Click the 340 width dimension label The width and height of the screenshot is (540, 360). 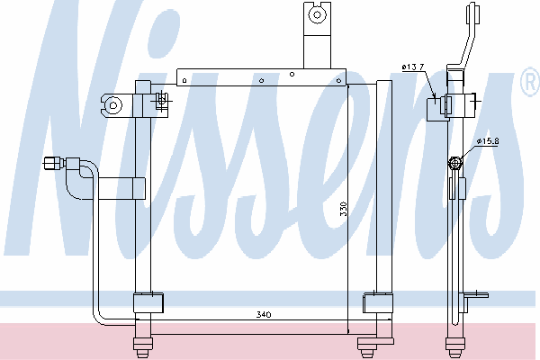pyautogui.click(x=264, y=314)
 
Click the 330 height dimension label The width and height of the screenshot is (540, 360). pyautogui.click(x=344, y=209)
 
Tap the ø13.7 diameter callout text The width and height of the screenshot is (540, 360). pyautogui.click(x=413, y=67)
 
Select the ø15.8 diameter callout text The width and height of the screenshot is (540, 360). pyautogui.click(x=488, y=141)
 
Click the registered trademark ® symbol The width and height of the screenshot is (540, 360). pyautogui.click(x=530, y=82)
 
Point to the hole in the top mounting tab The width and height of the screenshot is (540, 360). pyautogui.click(x=317, y=14)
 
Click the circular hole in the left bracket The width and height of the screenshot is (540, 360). pyautogui.click(x=113, y=106)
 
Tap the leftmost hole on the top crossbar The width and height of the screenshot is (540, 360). pyautogui.click(x=184, y=81)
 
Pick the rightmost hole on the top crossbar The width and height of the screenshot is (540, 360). pyautogui.click(x=338, y=81)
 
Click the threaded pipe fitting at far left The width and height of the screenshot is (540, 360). pyautogui.click(x=54, y=163)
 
